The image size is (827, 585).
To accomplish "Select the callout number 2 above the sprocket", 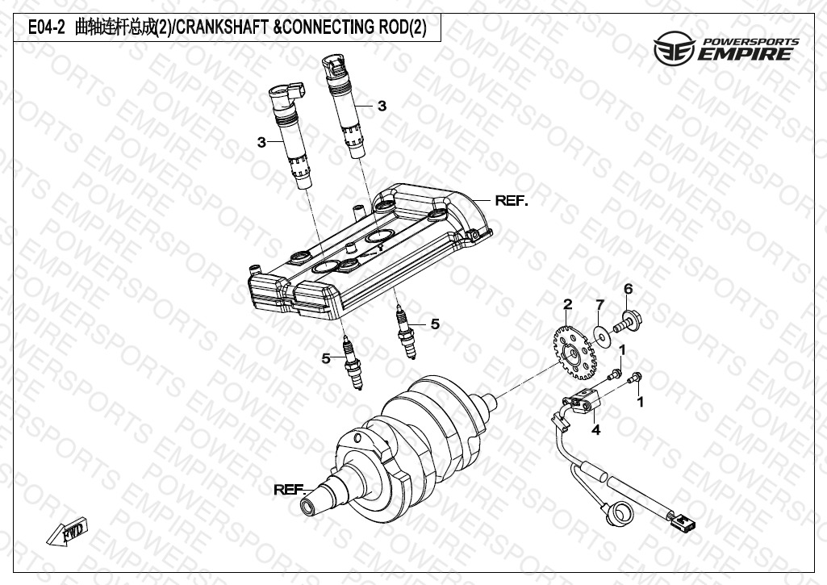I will tap(568, 304).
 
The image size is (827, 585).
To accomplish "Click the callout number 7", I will tap(599, 304).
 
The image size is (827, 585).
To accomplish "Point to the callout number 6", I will tap(628, 289).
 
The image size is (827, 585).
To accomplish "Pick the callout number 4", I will tap(595, 430).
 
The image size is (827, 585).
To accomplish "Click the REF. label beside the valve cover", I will tap(512, 200).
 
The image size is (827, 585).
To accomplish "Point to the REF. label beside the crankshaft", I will tap(290, 489).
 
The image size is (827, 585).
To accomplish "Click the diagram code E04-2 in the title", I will tap(46, 27).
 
